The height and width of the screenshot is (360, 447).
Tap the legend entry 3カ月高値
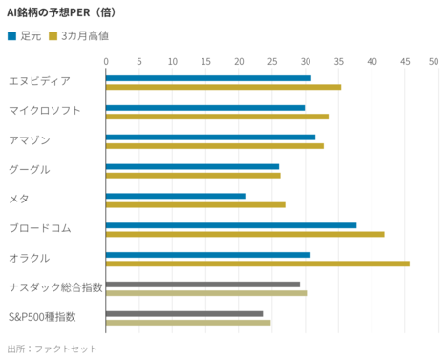point(84,35)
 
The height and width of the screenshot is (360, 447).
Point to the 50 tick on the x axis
point(433,61)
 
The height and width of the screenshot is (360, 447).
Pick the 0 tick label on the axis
point(106,61)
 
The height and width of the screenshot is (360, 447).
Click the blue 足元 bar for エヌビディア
point(208,78)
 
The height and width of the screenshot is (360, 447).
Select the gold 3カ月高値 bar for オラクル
point(257,264)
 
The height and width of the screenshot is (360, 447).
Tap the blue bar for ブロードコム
point(231,225)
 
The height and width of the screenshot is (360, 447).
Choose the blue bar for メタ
point(176,196)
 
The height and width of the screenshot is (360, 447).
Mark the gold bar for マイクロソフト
point(217,116)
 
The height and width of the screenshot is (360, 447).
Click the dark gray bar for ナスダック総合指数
point(202,284)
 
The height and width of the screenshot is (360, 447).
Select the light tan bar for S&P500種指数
point(188,323)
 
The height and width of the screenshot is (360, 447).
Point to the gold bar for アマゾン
point(215,146)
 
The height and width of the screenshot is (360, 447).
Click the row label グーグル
point(29,169)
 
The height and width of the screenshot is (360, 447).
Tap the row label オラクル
point(29,258)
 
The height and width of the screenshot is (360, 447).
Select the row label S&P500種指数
point(42,316)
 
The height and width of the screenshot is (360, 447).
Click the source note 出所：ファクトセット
point(53,349)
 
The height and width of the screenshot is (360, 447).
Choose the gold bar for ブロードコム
point(245,234)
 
